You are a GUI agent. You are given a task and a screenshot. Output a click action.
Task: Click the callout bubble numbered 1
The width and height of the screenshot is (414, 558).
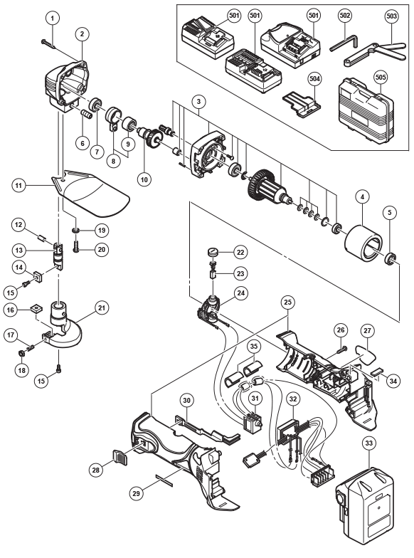(53, 18)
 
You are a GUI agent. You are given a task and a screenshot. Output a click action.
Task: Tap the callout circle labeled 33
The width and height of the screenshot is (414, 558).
(368, 443)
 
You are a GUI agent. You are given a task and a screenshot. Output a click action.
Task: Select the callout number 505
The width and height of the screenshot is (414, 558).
(381, 77)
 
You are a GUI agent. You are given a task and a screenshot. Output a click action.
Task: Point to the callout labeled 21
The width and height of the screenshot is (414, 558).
(102, 307)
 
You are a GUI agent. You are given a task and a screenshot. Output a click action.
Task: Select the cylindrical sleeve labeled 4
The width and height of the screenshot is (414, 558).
(363, 243)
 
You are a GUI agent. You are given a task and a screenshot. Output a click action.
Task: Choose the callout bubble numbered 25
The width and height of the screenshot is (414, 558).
(287, 302)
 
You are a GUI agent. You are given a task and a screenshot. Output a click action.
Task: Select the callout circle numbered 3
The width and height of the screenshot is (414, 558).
(198, 101)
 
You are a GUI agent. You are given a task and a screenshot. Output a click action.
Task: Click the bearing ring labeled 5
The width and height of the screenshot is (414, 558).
(390, 259)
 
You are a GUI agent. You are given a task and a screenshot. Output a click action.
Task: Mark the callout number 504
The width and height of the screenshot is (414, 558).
(314, 78)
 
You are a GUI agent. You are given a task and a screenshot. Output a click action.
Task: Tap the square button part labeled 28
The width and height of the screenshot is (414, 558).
(120, 456)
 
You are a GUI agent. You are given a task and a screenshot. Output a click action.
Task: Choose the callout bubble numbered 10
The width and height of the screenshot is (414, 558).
(144, 179)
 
